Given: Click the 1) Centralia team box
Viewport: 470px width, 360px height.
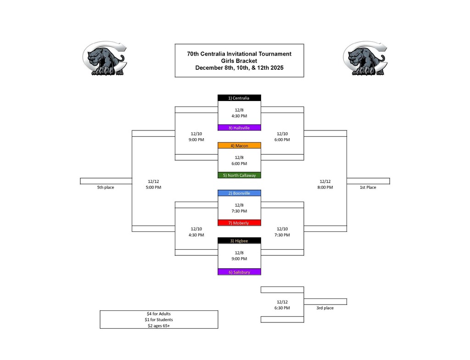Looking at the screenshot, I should (x=239, y=98).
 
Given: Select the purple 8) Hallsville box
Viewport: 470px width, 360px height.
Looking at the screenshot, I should (x=239, y=128).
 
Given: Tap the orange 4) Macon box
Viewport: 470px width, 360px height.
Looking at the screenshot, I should (x=239, y=146).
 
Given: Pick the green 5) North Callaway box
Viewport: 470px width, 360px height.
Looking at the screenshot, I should (x=239, y=175).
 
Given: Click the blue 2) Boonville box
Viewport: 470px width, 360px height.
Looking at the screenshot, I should (x=239, y=193).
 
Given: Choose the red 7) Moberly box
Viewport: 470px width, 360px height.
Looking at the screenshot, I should (x=239, y=223).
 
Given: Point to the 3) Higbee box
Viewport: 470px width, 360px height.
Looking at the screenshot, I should (x=239, y=241).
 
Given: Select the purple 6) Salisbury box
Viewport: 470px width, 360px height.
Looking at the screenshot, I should (x=239, y=272).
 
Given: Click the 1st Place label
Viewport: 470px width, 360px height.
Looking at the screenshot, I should (x=368, y=187).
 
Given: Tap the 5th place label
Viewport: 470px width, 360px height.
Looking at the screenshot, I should (x=106, y=187).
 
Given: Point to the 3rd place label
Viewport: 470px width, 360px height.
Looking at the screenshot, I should (x=325, y=308).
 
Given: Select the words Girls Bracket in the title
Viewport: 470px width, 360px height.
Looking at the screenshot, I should (x=239, y=61).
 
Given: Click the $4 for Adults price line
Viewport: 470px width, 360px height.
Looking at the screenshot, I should (x=159, y=314).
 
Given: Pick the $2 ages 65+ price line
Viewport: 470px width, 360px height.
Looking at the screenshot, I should (x=159, y=326).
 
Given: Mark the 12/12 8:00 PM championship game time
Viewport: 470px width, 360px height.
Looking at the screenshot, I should (x=325, y=184).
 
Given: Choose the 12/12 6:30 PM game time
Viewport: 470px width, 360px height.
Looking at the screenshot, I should (x=282, y=305).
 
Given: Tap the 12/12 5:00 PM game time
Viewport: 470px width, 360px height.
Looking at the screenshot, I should (x=154, y=184).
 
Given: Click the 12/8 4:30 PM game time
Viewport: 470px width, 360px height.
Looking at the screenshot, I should (x=239, y=113).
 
